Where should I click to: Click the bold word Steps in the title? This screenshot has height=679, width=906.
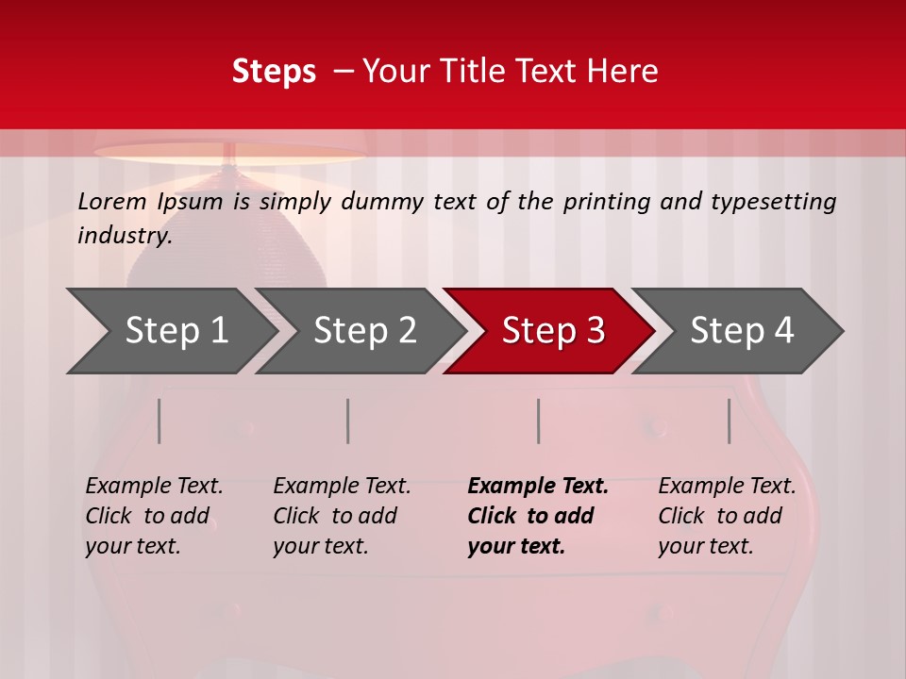click(274, 72)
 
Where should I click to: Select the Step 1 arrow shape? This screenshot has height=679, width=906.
click(170, 331)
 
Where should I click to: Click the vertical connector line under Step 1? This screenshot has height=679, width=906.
click(159, 421)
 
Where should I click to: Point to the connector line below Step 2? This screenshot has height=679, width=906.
click(348, 421)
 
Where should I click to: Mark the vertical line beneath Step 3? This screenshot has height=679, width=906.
click(539, 421)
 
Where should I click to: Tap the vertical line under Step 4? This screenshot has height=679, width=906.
click(730, 421)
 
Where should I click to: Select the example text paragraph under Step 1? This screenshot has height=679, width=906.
click(154, 516)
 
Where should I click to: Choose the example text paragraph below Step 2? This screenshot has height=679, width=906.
click(342, 516)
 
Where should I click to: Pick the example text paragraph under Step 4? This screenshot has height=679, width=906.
click(727, 516)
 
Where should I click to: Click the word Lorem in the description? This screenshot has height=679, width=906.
click(111, 202)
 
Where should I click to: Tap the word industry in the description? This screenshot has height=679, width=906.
click(125, 236)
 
